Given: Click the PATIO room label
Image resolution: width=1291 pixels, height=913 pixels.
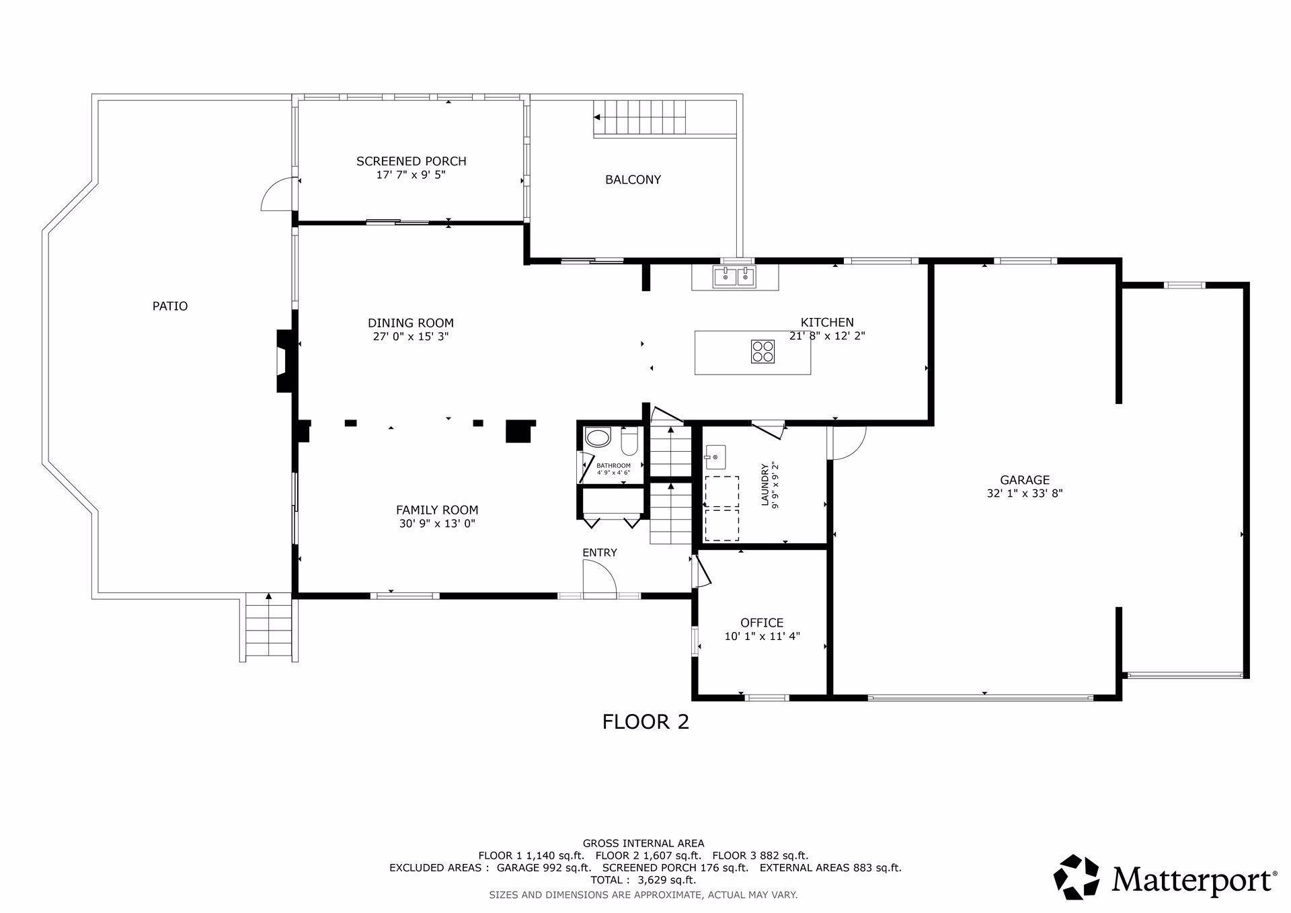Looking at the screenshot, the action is pos(170,306).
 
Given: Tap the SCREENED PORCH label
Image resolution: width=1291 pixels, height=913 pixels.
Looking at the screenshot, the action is pos(411,161).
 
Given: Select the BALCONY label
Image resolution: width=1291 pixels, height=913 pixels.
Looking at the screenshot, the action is pos(633,180).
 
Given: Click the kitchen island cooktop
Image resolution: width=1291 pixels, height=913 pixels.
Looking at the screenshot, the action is pos(762,352).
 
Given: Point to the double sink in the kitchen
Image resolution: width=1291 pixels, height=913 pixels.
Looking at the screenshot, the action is pos(735,276).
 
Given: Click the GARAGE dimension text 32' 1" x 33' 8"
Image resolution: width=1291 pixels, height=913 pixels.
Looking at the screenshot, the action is pos(1024,493).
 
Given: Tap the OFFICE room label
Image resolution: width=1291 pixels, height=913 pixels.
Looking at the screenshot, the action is pos(762,623).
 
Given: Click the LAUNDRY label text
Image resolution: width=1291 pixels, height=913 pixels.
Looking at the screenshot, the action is pos(765,484).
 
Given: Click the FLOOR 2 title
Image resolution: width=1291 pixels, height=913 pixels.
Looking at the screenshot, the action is pos(645,722).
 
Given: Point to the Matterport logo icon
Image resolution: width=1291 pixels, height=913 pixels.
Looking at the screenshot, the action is pos(1076,877).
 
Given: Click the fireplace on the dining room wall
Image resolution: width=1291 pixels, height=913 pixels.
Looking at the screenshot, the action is pos(284,360).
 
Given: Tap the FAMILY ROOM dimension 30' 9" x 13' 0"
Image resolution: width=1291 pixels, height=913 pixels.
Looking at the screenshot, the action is pos(437,524).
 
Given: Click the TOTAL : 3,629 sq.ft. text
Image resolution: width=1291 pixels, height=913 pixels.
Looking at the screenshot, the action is pos(643,879).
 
